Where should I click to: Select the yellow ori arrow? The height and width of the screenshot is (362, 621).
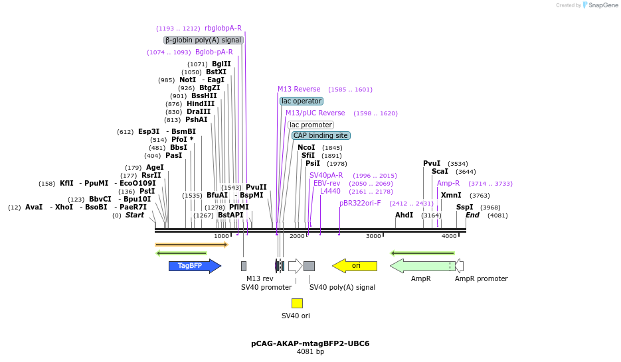[x=355, y=266]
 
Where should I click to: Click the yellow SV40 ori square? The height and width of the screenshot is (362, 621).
[x=297, y=303]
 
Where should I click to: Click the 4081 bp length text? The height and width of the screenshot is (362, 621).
[x=310, y=352]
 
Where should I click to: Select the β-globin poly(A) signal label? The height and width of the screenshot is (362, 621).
[x=203, y=40]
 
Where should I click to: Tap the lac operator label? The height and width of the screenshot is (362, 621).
[x=302, y=101]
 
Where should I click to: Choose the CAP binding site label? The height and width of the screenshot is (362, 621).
[x=321, y=135]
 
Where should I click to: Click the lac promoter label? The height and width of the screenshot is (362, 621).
[x=311, y=125]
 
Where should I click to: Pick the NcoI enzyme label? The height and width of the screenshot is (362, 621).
[x=306, y=147]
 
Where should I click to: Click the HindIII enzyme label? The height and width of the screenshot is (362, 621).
[x=201, y=103]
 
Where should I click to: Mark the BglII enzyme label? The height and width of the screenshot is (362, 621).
[x=221, y=64]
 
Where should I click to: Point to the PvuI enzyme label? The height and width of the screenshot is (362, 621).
[x=432, y=163]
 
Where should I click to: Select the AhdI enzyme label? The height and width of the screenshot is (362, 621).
[x=404, y=215]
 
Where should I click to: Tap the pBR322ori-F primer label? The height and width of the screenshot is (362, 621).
[x=360, y=203]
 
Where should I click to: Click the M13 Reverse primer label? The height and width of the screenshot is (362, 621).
[x=299, y=89]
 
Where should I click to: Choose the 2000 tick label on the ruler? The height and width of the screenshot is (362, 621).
[x=297, y=236]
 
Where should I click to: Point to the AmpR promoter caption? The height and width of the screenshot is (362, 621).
[x=481, y=279]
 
